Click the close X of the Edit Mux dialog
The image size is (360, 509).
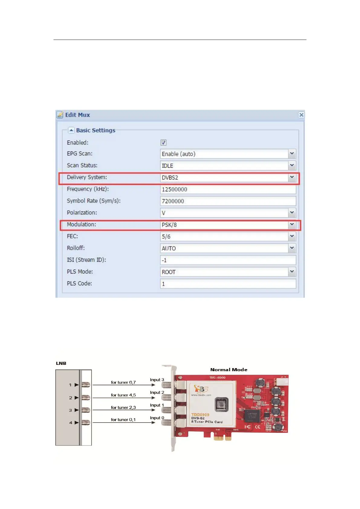pos(301,115)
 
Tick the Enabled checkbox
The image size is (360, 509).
pos(164,142)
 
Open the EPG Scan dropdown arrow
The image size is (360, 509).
pos(292,154)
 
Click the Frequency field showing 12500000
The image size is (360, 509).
pos(228,190)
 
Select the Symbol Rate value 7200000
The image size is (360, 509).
pos(173,201)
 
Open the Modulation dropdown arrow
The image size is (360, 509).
pos(292,225)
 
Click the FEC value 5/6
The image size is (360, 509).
pos(166,237)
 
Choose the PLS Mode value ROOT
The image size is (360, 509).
pos(169,272)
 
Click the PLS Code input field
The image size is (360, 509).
pos(228,284)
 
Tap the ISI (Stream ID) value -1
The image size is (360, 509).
pos(164,260)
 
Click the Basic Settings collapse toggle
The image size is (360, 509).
pos(71,130)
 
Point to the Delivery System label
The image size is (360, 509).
pos(87,177)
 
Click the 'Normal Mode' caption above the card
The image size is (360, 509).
pos(229,370)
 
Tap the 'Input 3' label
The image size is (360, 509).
pos(157,380)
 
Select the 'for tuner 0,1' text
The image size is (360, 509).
pos(123,420)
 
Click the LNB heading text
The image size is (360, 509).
pos(61,363)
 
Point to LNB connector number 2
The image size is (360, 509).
pos(86,397)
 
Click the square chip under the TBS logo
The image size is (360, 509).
pos(222,405)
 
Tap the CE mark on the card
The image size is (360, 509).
pos(258,427)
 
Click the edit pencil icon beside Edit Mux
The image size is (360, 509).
pos(60,115)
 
